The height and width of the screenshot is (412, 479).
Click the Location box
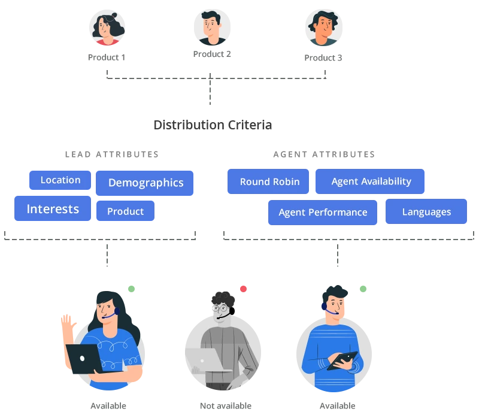pos(60,180)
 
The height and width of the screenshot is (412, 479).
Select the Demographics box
pos(145,183)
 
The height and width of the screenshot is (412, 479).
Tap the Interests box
pos(53,209)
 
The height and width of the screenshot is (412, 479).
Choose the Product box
pos(125,211)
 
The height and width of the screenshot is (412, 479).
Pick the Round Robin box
pos(269,181)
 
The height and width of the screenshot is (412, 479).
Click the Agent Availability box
pos(371,181)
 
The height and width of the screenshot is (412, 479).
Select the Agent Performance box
pos(323,212)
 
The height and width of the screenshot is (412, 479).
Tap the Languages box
pos(426,212)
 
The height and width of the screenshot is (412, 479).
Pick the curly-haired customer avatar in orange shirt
pos(323,28)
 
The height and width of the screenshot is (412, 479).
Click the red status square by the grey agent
pos(244,288)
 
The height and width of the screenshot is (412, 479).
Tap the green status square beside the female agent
pos(132,288)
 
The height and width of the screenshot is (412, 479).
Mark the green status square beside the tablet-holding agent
pos(363,288)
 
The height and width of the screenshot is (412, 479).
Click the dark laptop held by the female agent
pos(84,358)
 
